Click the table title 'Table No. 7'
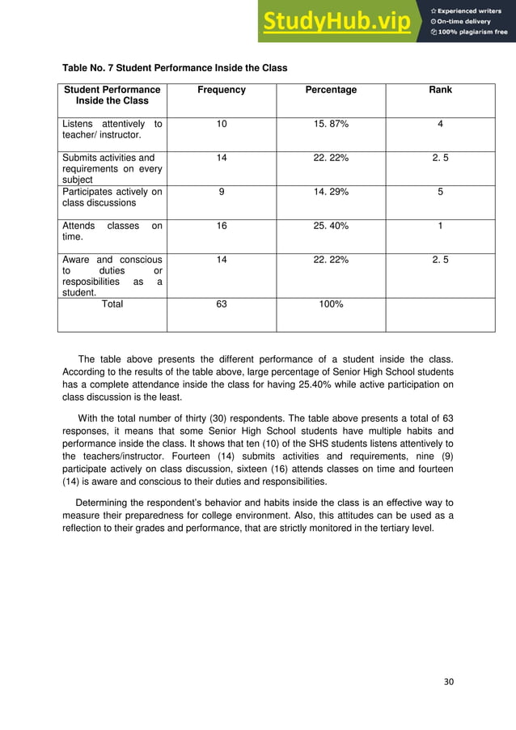[x=175, y=67]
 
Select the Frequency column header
[x=222, y=90]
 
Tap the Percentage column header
[x=331, y=90]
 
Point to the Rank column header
[x=440, y=90]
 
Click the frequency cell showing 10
[x=222, y=124]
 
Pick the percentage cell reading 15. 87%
[x=331, y=124]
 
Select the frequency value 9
[x=222, y=192]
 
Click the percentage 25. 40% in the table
[x=331, y=226]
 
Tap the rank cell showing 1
[x=440, y=226]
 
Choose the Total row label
[x=112, y=304]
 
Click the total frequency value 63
[x=222, y=304]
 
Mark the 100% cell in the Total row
[x=331, y=304]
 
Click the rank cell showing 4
[x=440, y=124]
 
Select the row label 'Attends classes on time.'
[x=112, y=231]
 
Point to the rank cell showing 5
[x=440, y=192]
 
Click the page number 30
[x=449, y=681]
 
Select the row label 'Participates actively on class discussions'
[x=112, y=197]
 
